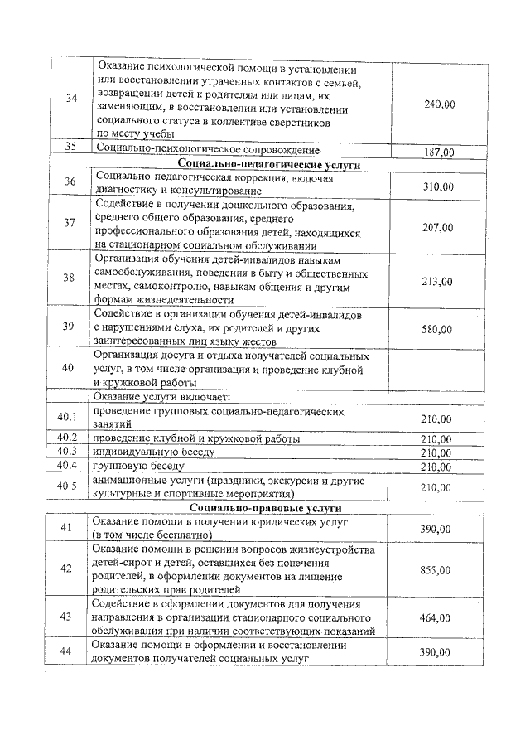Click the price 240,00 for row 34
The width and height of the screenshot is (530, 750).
pos(440,104)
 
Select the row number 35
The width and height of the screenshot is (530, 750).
pos(70,148)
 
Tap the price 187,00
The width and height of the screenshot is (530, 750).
pos(439,152)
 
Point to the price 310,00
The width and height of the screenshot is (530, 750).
pos(438,187)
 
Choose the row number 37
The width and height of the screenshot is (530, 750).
pos(70,223)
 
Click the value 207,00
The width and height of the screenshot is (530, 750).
pos(438,227)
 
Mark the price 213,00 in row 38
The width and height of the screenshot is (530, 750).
pos(437,282)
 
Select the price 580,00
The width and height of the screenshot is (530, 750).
pos(437,329)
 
